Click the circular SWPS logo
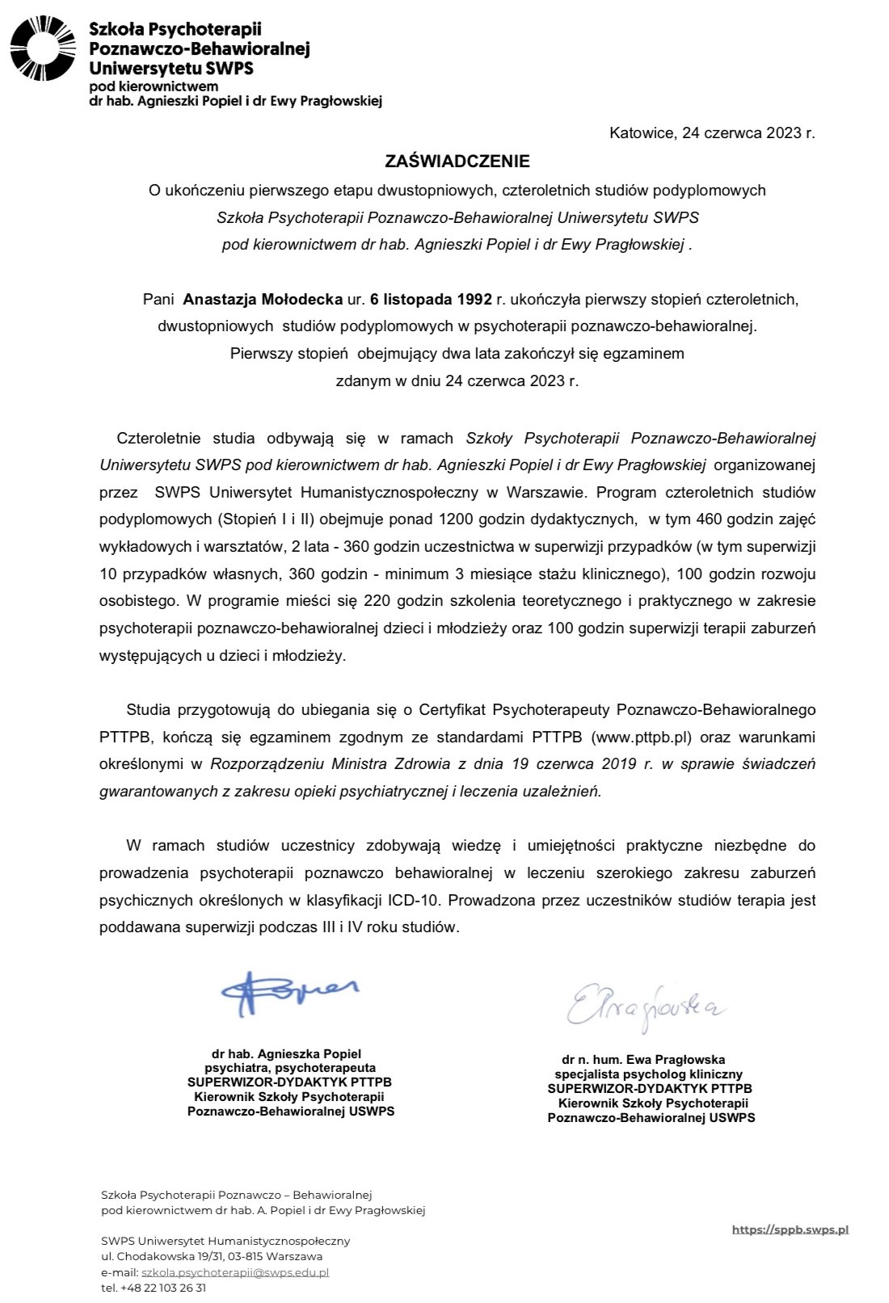[x=42, y=48]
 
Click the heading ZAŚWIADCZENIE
[x=457, y=162]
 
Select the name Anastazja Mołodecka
[x=263, y=300]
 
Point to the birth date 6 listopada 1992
[x=431, y=300]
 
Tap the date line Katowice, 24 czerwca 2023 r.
[x=712, y=133]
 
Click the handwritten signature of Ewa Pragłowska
[x=645, y=1004]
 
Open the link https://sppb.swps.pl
[x=790, y=1229]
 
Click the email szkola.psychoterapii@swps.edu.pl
[x=235, y=1272]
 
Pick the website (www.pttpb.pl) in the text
[x=643, y=737]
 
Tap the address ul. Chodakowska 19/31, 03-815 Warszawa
[x=212, y=1256]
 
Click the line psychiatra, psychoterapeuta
[x=290, y=1068]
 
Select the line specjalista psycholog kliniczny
[x=648, y=1074]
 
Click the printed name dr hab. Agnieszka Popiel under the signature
[x=286, y=1054]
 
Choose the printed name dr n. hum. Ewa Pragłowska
[x=643, y=1059]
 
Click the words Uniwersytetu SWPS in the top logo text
[x=171, y=69]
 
